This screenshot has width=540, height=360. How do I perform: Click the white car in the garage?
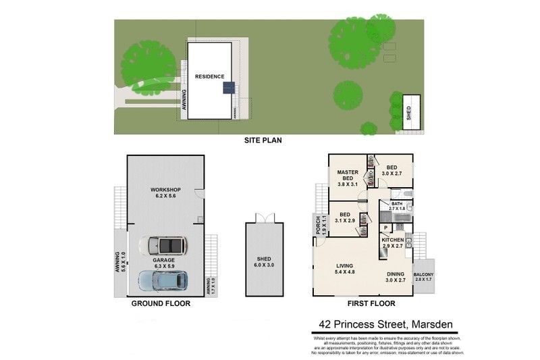164,245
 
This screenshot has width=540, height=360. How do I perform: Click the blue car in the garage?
163,279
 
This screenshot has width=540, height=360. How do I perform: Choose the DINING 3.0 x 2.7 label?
396,275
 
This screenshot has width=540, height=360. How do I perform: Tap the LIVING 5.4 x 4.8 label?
345,269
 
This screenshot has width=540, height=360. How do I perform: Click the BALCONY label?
425,276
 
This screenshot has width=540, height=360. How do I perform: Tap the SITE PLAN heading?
263,141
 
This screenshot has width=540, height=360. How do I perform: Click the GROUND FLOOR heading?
161,303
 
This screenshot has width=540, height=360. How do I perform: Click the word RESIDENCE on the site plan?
209,77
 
